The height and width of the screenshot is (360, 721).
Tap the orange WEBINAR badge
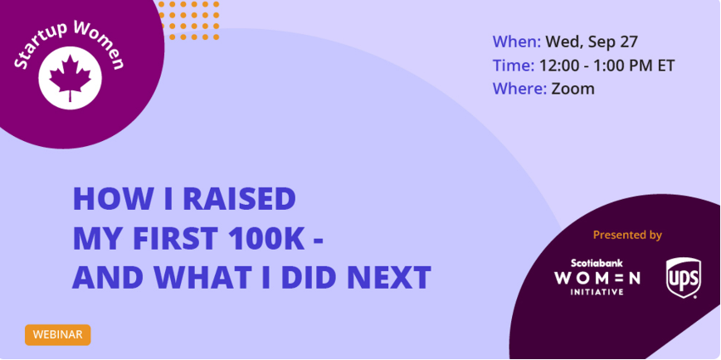pyautogui.click(x=58, y=335)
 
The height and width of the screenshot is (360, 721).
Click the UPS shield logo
pyautogui.click(x=684, y=278)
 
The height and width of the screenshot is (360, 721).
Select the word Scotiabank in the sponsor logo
pyautogui.click(x=597, y=264)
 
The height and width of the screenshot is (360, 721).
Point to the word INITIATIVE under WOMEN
pyautogui.click(x=597, y=292)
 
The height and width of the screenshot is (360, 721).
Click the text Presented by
pyautogui.click(x=627, y=235)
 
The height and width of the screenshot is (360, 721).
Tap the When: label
pyautogui.click(x=517, y=42)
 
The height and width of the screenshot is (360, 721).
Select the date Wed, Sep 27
pyautogui.click(x=592, y=43)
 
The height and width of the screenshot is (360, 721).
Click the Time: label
pyautogui.click(x=514, y=66)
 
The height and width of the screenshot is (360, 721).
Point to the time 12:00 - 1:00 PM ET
pyautogui.click(x=607, y=66)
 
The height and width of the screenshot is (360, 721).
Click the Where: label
pyautogui.click(x=519, y=88)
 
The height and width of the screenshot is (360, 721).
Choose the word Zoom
pyautogui.click(x=573, y=88)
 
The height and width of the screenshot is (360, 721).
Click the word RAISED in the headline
pyautogui.click(x=239, y=198)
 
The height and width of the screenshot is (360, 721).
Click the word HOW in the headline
pyautogui.click(x=103, y=198)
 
